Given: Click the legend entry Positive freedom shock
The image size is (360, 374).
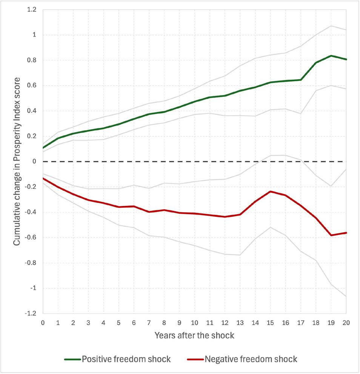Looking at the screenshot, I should [x=126, y=359].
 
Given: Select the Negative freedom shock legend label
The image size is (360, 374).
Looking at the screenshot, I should [x=251, y=359].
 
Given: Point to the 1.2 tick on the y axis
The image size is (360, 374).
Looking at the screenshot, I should [x=31, y=10].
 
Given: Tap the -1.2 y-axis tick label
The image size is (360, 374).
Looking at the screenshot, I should [x=30, y=314].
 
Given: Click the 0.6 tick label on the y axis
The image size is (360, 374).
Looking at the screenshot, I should [x=31, y=86].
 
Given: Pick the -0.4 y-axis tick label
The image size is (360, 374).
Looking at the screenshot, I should [x=30, y=212].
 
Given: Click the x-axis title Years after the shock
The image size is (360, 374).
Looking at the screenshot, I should [x=195, y=335].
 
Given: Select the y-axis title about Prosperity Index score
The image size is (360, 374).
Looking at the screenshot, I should [x=17, y=161].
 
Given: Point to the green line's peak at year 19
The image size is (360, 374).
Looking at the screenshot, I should [x=331, y=56].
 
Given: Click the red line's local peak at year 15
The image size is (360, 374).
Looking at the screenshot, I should [x=270, y=192].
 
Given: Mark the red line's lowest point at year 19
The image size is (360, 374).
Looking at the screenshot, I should [x=331, y=235].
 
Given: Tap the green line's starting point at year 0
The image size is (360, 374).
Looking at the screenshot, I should [x=43, y=148].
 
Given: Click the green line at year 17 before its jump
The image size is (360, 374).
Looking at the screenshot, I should [x=301, y=80].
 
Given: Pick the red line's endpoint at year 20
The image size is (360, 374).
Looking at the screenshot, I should [x=346, y=233].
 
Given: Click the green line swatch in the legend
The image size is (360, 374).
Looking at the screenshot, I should [x=72, y=359].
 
